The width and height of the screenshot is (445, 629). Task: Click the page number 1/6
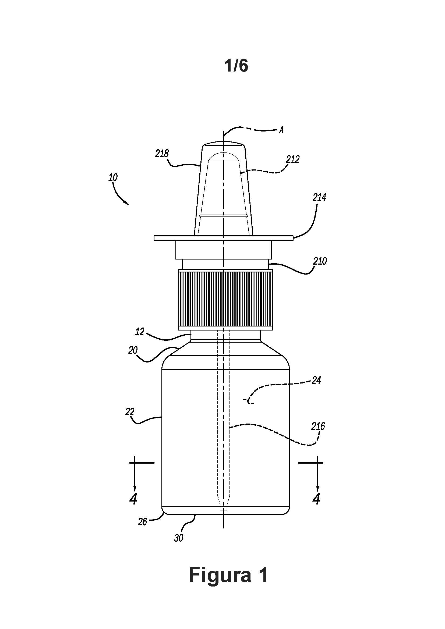click(236, 66)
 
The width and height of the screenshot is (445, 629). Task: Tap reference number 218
click(162, 153)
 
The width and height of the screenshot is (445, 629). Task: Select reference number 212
click(293, 159)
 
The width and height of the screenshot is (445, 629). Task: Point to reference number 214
click(320, 197)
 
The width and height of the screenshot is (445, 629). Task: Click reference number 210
click(320, 261)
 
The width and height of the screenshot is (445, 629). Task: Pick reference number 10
click(113, 177)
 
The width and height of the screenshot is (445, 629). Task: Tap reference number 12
click(140, 332)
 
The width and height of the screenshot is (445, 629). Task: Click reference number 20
click(133, 350)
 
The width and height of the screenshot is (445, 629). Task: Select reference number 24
click(316, 380)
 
